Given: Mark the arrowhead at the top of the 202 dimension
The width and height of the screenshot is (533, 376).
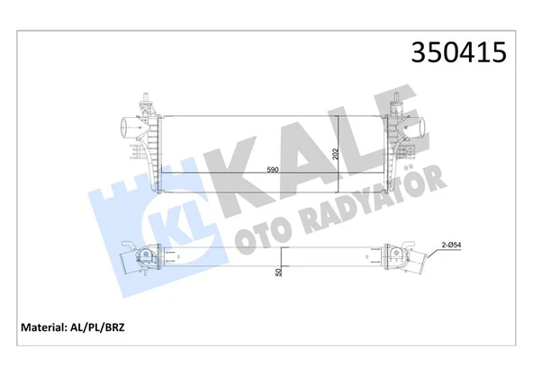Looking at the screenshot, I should tap(339, 115).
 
